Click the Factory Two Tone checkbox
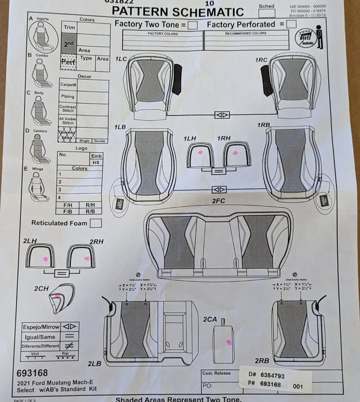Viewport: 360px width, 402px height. (193, 25)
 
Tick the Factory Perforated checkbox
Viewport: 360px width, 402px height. (291, 24)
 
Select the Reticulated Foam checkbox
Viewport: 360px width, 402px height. (96, 223)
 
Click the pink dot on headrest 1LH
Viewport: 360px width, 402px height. (201, 153)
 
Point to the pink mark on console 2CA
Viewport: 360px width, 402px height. (229, 342)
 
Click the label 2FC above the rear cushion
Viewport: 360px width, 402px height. (219, 201)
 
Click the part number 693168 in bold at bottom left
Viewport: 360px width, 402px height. (32, 373)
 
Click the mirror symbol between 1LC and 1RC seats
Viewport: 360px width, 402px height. (221, 115)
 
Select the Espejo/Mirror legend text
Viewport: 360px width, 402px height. (41, 327)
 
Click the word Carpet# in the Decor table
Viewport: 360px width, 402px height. (68, 84)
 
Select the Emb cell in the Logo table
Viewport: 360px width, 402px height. (96, 156)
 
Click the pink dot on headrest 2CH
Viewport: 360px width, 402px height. (58, 296)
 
